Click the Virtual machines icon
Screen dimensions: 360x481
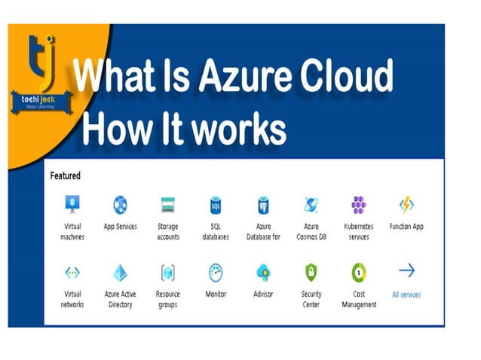[72, 204]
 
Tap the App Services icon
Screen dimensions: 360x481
[120, 204]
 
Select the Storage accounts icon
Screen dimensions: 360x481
[168, 204]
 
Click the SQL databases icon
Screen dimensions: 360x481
[215, 204]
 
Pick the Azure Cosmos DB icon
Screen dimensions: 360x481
[311, 204]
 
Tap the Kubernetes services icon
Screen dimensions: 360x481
[359, 204]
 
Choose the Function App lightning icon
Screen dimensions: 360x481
[406, 204]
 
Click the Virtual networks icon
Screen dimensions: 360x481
[72, 272]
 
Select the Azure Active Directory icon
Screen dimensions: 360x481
[120, 272]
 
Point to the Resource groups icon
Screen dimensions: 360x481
[168, 272]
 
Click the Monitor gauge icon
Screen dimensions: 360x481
[216, 272]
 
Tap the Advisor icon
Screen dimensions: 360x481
[263, 272]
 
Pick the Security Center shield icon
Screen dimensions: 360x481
[311, 272]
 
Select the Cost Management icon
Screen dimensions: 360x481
[358, 272]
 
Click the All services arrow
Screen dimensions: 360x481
[406, 270]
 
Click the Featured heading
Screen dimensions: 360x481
[65, 175]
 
